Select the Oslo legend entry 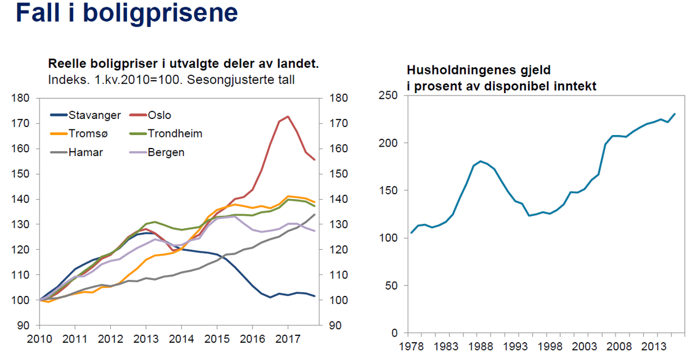[x=159, y=115]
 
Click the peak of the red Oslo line [x=288, y=117]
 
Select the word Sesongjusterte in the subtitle [x=219, y=79]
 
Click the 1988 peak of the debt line [x=481, y=161]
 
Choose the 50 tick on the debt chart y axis [x=393, y=285]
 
